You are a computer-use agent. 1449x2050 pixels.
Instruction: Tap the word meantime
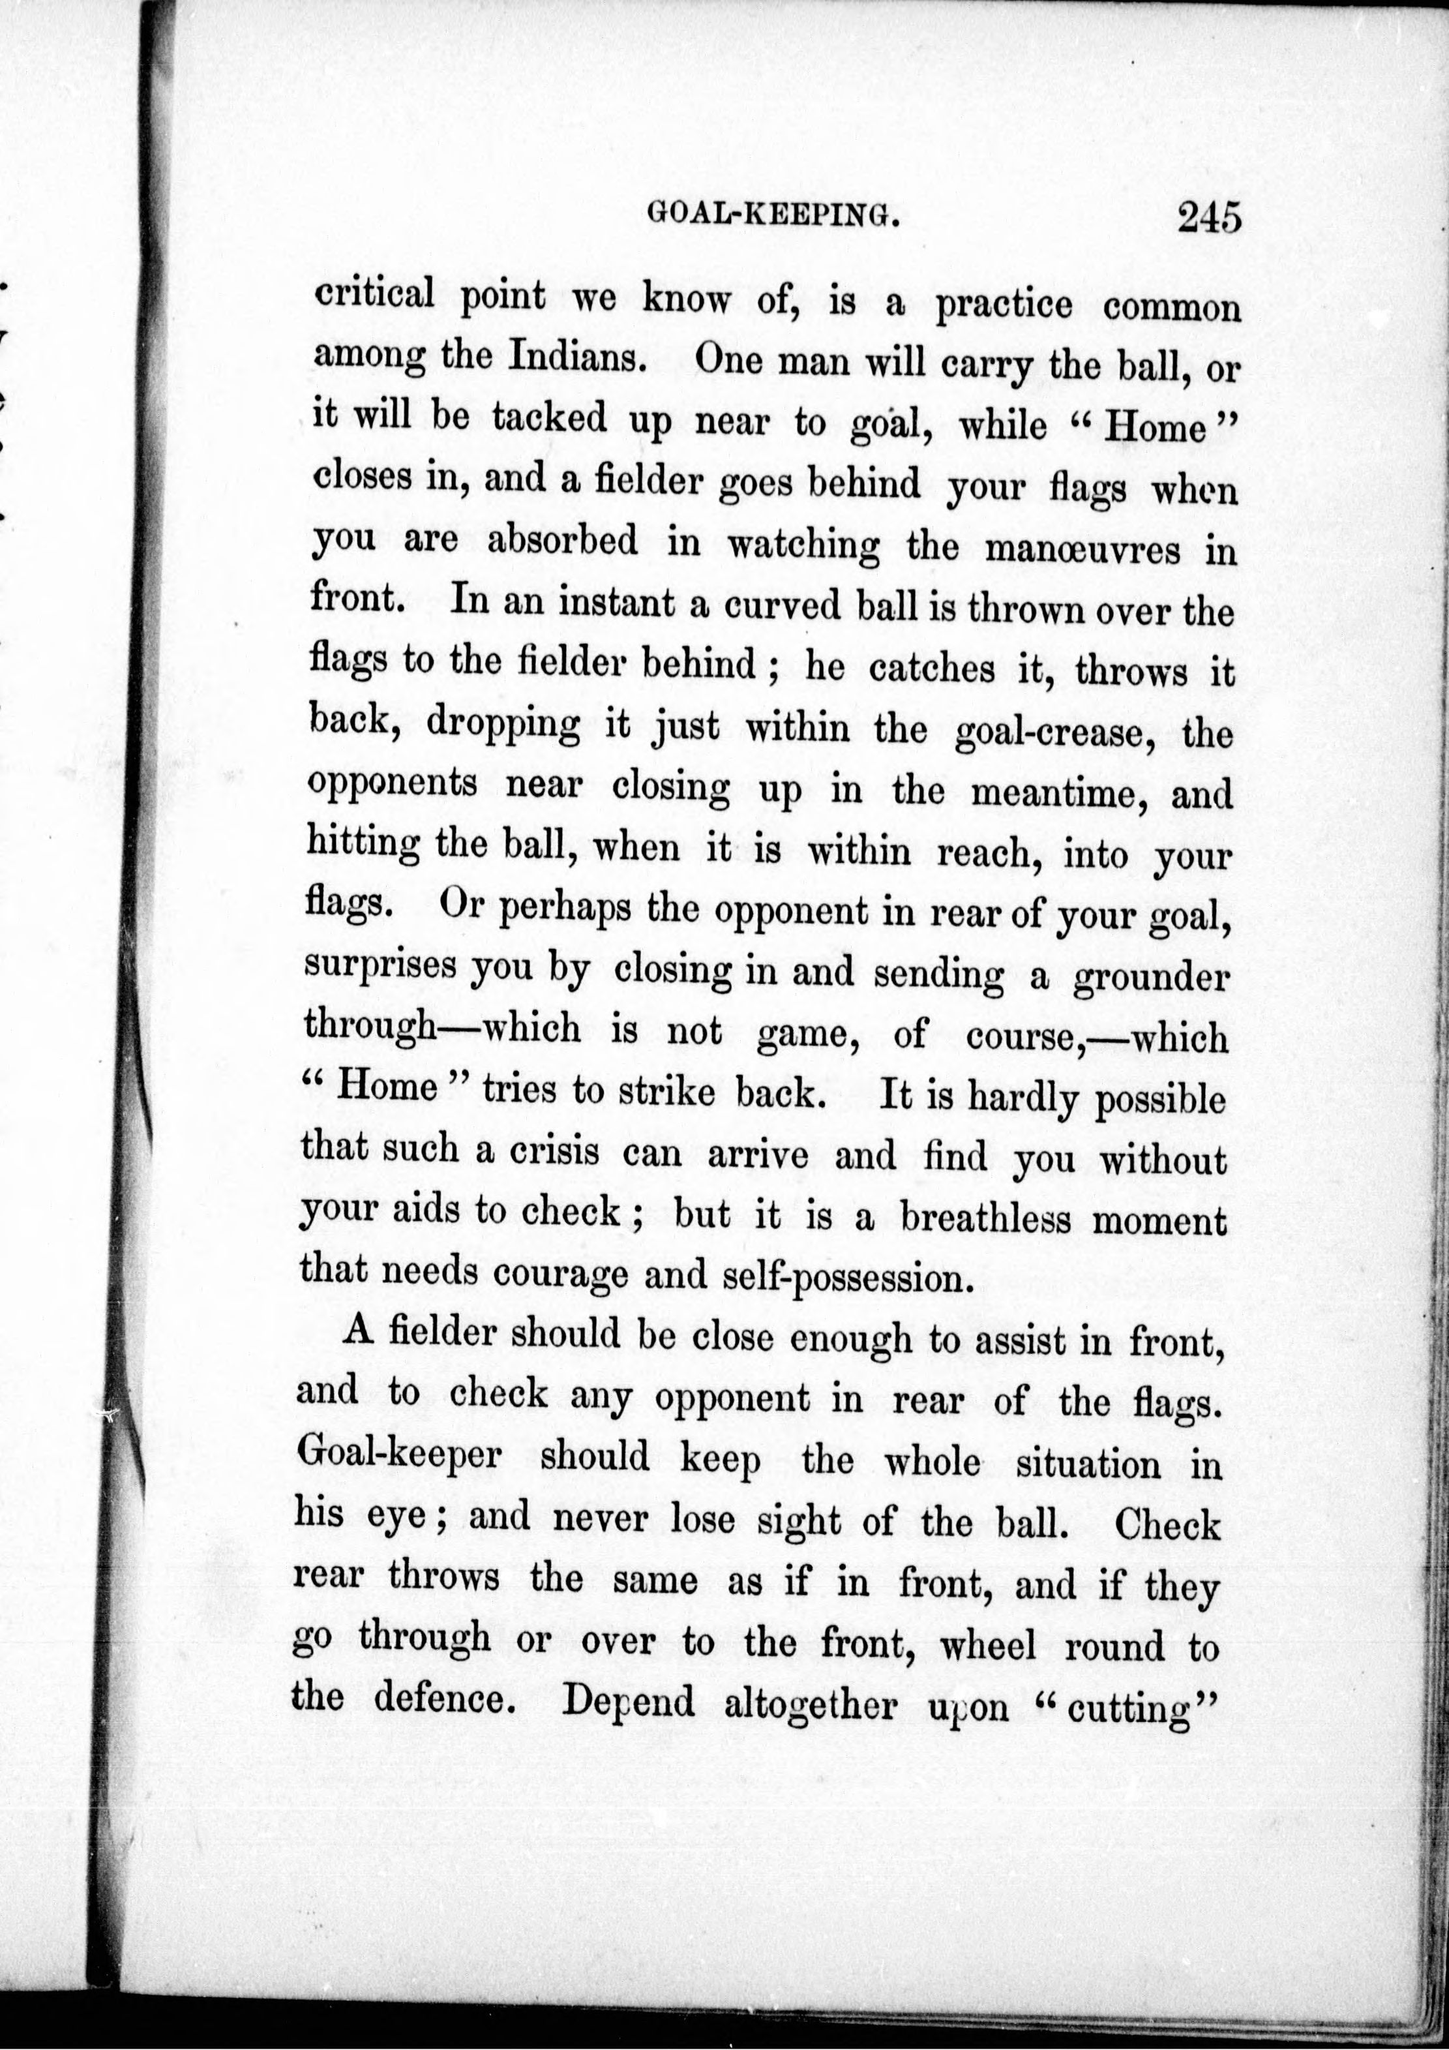pos(1056,793)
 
